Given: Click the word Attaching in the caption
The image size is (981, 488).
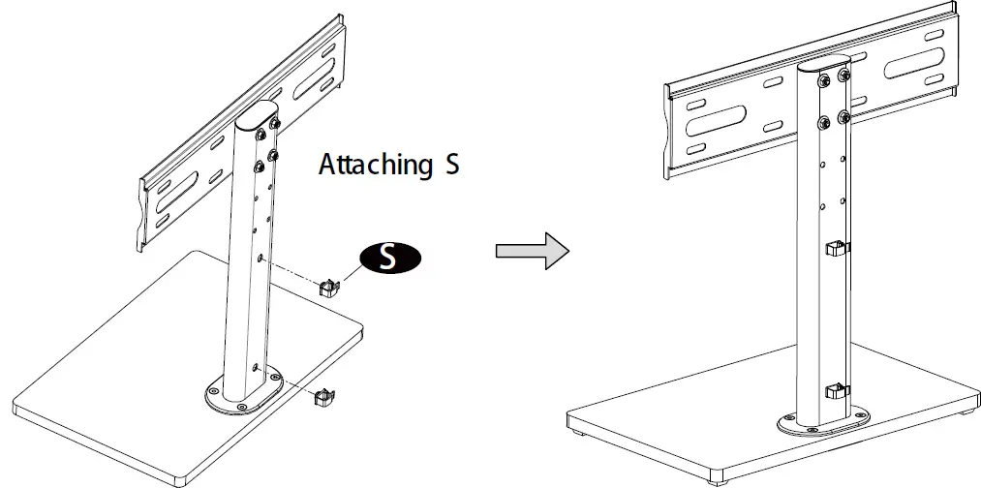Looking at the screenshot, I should (x=375, y=165).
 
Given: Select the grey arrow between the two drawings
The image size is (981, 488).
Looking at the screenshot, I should (x=532, y=250).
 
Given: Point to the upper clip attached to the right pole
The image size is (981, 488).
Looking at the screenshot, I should (x=836, y=249).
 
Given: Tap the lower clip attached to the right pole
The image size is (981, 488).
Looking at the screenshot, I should (x=836, y=392).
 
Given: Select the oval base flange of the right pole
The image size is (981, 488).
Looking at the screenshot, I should (x=822, y=421).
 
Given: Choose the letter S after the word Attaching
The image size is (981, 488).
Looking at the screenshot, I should (x=451, y=165).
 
